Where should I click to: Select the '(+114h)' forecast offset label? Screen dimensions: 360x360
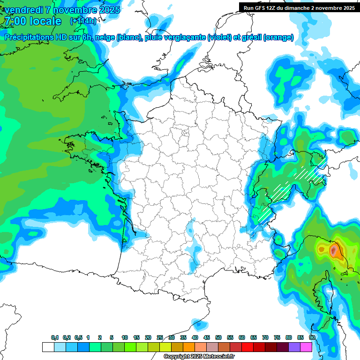83,21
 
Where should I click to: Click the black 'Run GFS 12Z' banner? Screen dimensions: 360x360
299,7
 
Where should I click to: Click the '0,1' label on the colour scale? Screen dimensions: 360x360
55,338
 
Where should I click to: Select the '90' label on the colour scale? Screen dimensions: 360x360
312,338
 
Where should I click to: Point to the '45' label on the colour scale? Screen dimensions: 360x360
207,338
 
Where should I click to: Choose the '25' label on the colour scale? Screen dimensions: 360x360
160,338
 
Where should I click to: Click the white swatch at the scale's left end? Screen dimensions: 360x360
48,347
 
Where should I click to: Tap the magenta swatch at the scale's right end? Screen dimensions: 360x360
306,347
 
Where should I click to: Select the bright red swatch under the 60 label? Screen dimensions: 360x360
247,347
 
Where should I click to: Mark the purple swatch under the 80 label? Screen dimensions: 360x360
294,347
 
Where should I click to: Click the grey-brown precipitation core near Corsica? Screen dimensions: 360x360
334,251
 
